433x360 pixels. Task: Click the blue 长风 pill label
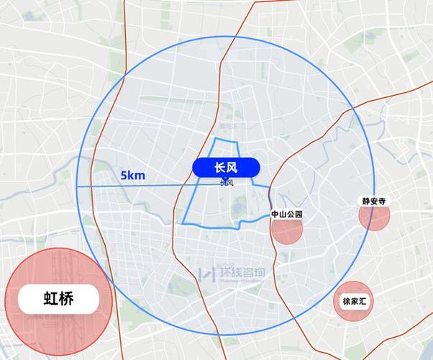tap(225, 167)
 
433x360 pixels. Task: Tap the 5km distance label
tap(133, 175)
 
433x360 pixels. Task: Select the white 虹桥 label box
tap(59, 297)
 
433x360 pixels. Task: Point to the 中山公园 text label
tap(287, 215)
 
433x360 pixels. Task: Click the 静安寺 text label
tap(374, 202)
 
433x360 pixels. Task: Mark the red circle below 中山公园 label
tap(286, 231)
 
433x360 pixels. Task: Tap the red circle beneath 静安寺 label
tap(374, 218)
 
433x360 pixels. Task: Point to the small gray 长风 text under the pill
tap(226, 183)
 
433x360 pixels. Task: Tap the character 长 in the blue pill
tap(219, 167)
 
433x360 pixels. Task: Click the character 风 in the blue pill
tap(232, 167)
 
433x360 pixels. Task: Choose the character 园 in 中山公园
tap(298, 215)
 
